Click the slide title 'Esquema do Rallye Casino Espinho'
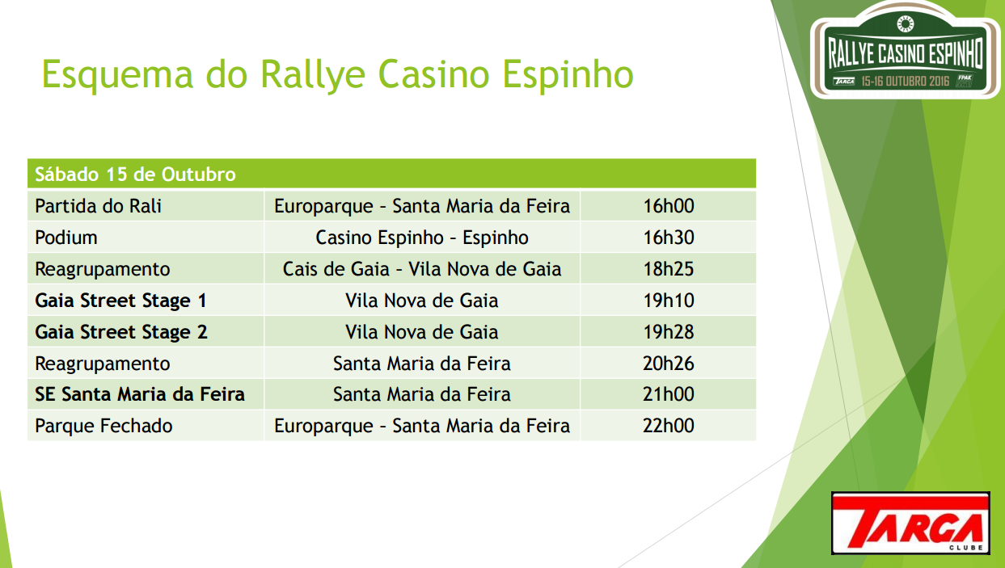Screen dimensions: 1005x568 337,75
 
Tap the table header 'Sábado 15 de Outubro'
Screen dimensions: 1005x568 135,175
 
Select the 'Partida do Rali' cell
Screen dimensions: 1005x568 99,206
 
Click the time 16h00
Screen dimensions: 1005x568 669,206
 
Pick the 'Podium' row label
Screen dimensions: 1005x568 66,238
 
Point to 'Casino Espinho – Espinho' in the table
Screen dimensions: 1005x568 422,238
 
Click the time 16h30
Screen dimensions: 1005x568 669,238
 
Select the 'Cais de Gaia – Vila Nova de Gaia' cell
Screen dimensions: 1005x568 422,269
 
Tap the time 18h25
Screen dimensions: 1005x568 669,269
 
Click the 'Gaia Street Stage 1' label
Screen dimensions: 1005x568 120,301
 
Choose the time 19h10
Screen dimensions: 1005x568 669,301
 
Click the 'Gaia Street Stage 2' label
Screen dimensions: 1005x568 121,332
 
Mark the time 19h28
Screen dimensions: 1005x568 669,332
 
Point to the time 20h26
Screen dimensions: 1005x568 669,364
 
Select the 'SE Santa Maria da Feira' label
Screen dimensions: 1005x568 140,394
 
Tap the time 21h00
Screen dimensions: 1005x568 669,394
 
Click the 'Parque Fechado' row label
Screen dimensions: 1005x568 103,426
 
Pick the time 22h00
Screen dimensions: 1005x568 669,426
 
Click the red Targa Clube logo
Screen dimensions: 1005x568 910,524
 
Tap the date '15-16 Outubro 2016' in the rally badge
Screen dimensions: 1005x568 906,81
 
